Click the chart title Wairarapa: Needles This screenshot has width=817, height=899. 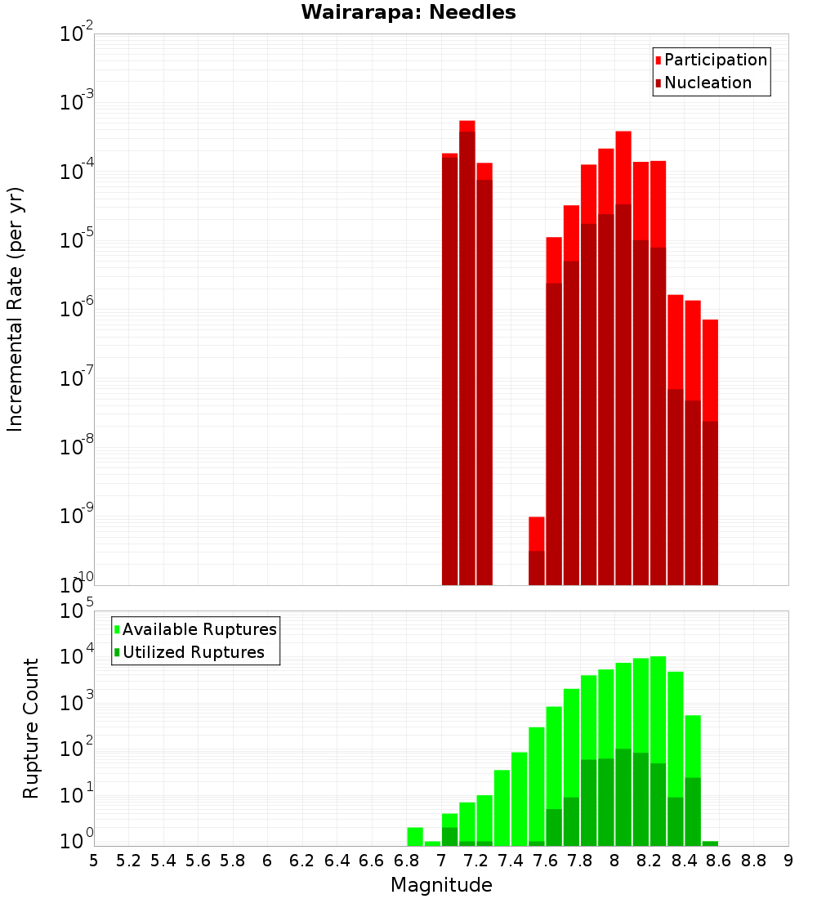(408, 13)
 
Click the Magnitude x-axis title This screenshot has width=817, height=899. (441, 885)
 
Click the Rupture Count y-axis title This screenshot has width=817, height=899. (31, 727)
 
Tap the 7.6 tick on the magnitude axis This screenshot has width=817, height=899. (545, 861)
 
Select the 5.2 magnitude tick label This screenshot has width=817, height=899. (128, 861)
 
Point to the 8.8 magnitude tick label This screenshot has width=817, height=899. (753, 861)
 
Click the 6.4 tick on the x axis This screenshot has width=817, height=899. (337, 861)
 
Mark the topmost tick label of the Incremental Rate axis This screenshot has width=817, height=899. (77, 34)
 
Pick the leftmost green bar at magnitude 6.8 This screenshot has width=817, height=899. (415, 836)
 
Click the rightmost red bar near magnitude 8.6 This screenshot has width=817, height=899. (710, 449)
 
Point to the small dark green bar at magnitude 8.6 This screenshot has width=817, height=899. (710, 843)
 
